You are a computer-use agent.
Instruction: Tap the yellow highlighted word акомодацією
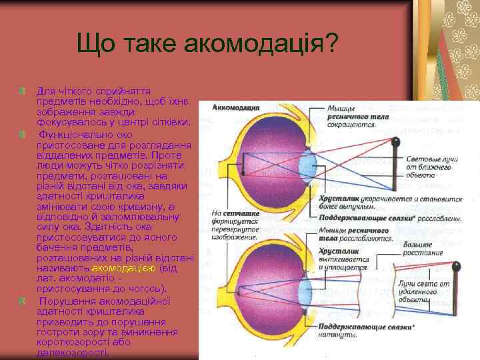124,267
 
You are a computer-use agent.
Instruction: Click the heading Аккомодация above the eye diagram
235,107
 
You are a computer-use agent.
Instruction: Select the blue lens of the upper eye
307,164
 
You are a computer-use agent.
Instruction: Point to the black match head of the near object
396,142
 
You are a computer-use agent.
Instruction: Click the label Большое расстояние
423,249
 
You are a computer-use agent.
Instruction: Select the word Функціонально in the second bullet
74,134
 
